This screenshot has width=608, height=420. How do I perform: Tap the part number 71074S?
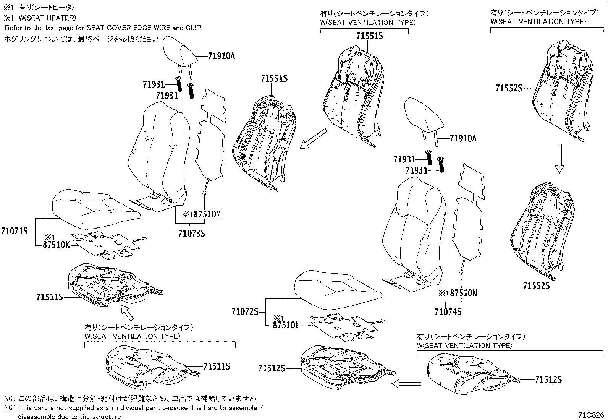coord(448,312)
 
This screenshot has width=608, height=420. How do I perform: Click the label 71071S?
coord(15,231)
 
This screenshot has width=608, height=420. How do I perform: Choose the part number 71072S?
coord(245,312)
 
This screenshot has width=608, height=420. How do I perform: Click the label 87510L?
coord(286,325)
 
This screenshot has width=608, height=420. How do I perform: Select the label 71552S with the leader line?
coord(509,88)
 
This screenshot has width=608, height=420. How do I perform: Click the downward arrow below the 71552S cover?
coord(559,158)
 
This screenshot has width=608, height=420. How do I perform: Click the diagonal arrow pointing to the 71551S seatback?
coord(314,138)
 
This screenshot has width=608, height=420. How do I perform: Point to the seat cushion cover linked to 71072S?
coord(338,289)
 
